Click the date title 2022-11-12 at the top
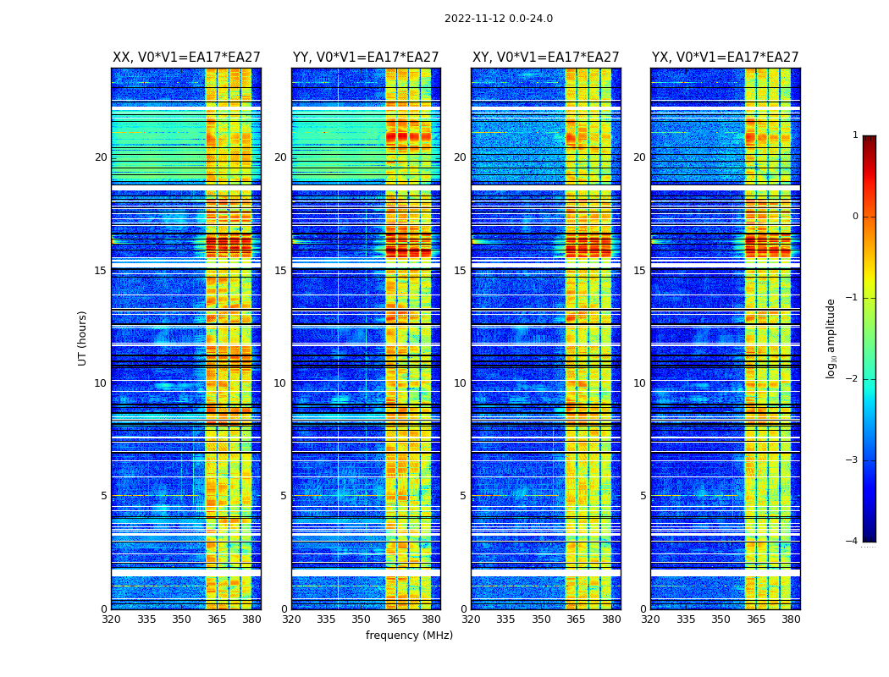pyautogui.click(x=498, y=19)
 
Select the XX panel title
pyautogui.click(x=186, y=58)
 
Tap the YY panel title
pyautogui.click(x=366, y=58)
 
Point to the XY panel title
pyautogui.click(x=545, y=58)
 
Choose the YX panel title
pyautogui.click(x=725, y=58)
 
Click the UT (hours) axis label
pyautogui.click(x=82, y=338)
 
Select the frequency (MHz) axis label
pyautogui.click(x=409, y=636)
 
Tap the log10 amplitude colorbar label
pyautogui.click(x=831, y=338)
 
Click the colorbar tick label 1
pyautogui.click(x=855, y=135)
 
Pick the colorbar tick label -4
pyautogui.click(x=853, y=542)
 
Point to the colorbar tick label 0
pyautogui.click(x=855, y=217)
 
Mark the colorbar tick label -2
pyautogui.click(x=853, y=379)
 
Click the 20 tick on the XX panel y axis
pyautogui.click(x=101, y=157)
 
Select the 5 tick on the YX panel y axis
pyautogui.click(x=643, y=496)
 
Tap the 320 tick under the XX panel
pyautogui.click(x=111, y=619)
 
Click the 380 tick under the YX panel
pyautogui.click(x=791, y=619)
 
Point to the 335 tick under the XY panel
pyautogui.click(x=505, y=619)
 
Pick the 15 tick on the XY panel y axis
pyautogui.click(x=460, y=271)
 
